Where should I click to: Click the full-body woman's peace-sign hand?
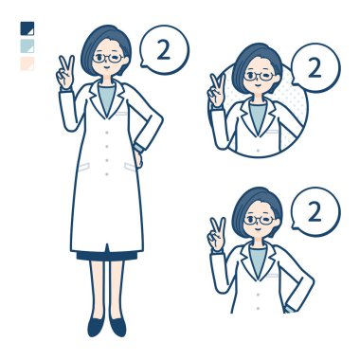tap(65, 72)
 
